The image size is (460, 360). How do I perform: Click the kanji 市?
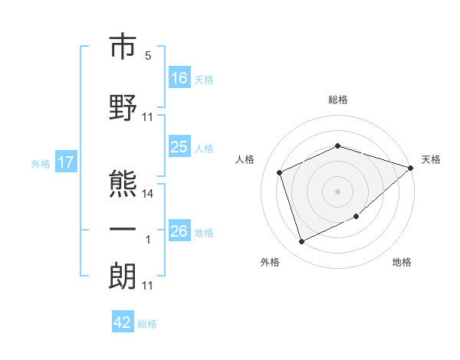point(123,46)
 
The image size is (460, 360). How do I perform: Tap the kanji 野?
point(123,107)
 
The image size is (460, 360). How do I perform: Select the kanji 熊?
point(123,184)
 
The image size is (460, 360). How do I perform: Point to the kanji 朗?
point(123,276)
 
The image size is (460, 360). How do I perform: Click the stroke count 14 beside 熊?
point(147,194)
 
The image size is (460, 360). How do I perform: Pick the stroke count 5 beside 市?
point(148,55)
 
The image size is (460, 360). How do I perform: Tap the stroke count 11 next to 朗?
point(147,286)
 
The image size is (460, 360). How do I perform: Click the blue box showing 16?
point(179,77)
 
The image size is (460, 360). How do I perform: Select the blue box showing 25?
point(179,146)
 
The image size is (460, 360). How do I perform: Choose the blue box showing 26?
point(179,230)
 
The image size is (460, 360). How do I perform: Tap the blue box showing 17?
point(66,162)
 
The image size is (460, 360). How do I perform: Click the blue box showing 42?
point(123,321)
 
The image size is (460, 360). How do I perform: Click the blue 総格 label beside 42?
point(147,324)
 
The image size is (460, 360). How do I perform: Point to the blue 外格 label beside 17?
point(41,164)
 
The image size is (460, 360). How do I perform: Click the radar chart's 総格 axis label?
point(338,100)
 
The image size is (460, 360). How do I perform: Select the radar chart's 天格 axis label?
point(431,159)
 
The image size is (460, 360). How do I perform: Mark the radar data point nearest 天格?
point(411,168)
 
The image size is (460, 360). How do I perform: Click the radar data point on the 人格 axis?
point(280,172)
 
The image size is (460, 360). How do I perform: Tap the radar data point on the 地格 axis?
point(356,216)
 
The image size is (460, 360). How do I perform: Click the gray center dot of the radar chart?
point(337,191)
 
